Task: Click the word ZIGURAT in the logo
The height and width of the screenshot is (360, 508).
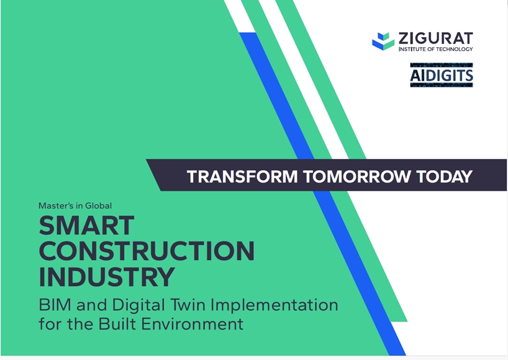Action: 435,38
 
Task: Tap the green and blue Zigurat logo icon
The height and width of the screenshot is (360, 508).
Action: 383,41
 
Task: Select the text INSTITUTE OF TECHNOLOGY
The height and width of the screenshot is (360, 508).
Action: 435,49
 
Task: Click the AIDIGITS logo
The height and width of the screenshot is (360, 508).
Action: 442,75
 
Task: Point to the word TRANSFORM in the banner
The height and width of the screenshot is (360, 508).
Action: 242,176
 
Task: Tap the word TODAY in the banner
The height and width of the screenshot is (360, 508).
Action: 444,176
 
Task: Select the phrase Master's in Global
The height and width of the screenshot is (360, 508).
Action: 75,205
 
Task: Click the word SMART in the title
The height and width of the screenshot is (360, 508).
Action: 86,225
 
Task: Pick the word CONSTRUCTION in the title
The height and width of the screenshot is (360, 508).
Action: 147,251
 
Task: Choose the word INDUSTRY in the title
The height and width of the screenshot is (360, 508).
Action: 107,277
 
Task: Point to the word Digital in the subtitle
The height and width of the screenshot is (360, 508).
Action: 138,305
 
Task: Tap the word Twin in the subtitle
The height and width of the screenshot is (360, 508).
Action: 189,305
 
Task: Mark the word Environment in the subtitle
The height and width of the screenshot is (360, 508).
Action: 193,323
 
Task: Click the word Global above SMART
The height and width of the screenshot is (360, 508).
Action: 99,205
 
